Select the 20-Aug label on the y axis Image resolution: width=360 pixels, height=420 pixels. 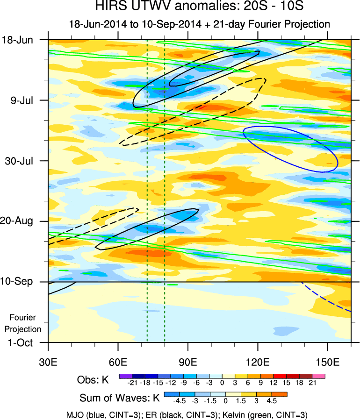coord(20,221)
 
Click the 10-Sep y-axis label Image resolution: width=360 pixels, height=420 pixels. coord(19,282)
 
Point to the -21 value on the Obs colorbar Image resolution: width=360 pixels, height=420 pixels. coord(132,383)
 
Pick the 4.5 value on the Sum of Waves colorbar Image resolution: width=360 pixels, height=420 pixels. coord(272,401)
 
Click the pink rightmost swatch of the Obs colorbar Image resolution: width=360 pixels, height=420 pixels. coord(319,375)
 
